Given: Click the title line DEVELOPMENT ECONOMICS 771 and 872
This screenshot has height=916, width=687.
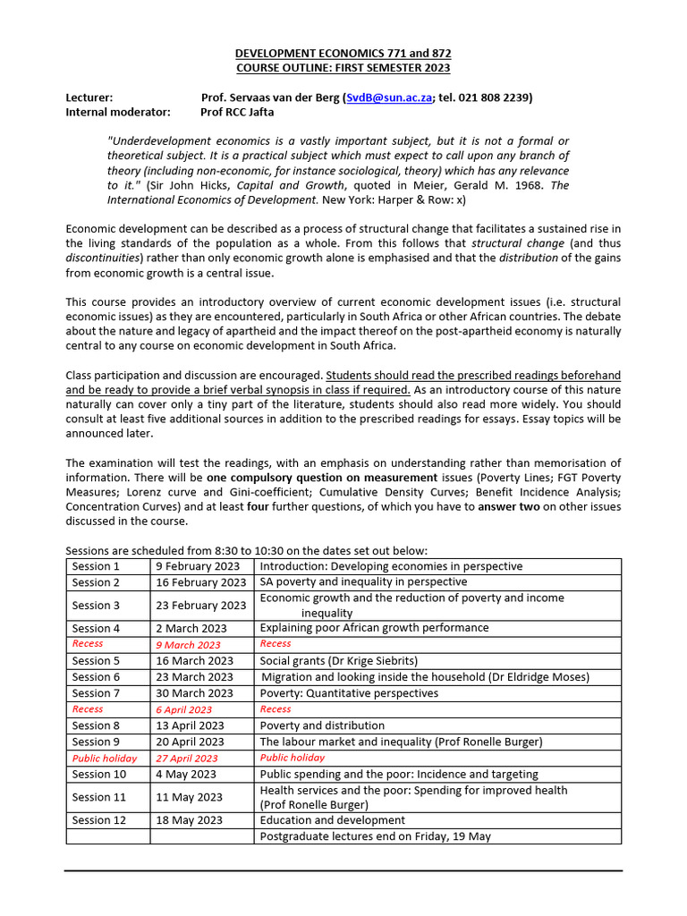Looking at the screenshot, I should [x=343, y=53].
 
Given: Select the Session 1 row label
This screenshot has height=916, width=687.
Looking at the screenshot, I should [x=96, y=566].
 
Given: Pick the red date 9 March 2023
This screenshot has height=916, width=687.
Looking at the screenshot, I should [x=188, y=644].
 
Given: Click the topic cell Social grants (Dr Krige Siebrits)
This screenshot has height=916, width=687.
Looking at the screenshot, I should [x=338, y=661].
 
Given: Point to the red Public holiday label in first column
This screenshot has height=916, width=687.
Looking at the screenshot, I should [x=105, y=758].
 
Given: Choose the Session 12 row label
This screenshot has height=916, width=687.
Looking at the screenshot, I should [x=99, y=820].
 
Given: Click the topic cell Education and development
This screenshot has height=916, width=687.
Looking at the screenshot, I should [x=332, y=820].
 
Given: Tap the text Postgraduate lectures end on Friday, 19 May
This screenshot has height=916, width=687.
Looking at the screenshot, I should [x=375, y=836].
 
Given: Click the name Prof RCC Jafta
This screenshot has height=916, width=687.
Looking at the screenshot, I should [x=237, y=112].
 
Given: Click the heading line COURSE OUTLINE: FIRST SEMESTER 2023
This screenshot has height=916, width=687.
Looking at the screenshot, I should [x=343, y=68].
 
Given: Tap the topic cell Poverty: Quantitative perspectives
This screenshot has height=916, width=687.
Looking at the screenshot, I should [x=349, y=693].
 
